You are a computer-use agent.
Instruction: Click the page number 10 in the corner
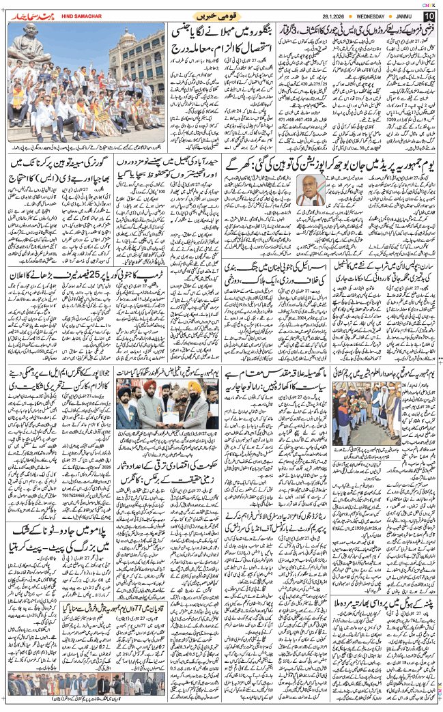[x=428, y=15]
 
